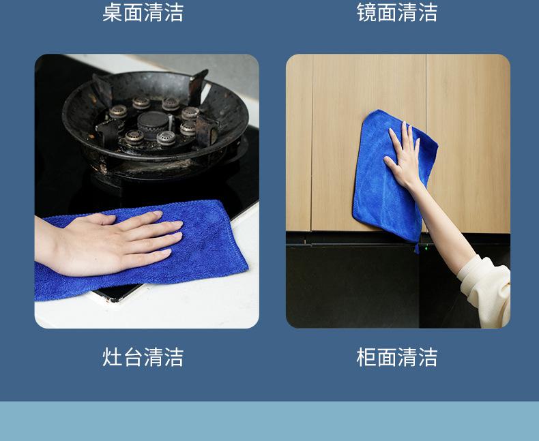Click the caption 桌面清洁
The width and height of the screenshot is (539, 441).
[x=143, y=12]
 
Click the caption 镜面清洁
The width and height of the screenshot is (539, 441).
[x=396, y=12]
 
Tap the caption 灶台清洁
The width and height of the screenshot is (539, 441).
[x=143, y=356]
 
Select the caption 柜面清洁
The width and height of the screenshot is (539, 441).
[x=396, y=356]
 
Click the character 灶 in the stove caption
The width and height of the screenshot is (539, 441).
[x=112, y=356]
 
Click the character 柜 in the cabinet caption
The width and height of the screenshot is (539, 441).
[x=366, y=356]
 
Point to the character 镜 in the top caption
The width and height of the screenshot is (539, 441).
[x=366, y=12]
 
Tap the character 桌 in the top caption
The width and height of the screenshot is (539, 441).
[x=112, y=12]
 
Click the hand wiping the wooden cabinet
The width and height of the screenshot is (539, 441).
[x=405, y=153]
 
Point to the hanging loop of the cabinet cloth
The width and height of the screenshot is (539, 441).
[x=416, y=247]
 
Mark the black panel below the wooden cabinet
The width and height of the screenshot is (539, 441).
[x=355, y=286]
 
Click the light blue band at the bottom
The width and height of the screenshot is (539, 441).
[x=269, y=421]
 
